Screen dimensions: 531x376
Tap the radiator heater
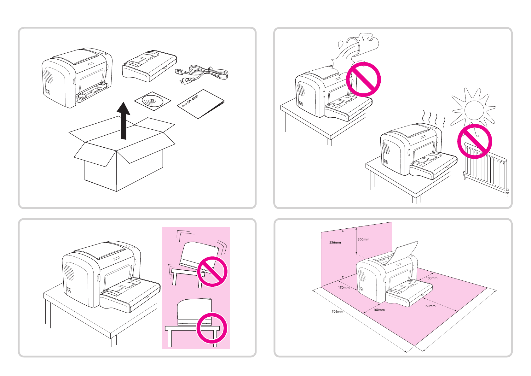[485, 170]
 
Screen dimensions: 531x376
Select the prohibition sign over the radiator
[475, 141]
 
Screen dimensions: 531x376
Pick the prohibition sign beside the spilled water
[363, 79]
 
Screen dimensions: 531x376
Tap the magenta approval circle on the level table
[212, 328]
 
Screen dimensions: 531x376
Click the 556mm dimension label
[335, 243]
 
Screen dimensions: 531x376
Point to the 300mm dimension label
[363, 239]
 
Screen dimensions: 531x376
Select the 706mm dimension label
[337, 311]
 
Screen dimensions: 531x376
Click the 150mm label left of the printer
[344, 288]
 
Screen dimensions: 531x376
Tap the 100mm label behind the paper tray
[431, 278]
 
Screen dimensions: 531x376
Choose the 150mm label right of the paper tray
[430, 306]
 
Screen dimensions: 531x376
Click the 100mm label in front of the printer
[379, 310]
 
